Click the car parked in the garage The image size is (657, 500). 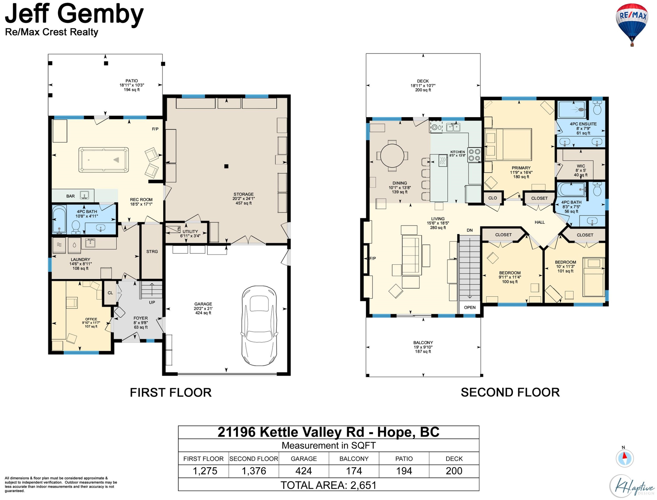pyautogui.click(x=259, y=326)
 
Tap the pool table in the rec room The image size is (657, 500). pyautogui.click(x=104, y=160)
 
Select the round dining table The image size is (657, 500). pyautogui.click(x=392, y=156)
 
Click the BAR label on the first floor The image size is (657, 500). pyautogui.click(x=71, y=196)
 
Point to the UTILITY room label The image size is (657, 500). pyautogui.click(x=190, y=232)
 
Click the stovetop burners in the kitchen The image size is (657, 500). pyautogui.click(x=474, y=155)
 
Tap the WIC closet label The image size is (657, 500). pyautogui.click(x=581, y=166)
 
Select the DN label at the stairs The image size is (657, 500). pyautogui.click(x=470, y=230)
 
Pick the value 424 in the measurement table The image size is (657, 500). pyautogui.click(x=304, y=471)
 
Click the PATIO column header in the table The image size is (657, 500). pyautogui.click(x=404, y=459)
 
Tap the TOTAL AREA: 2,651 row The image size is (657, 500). pyautogui.click(x=328, y=485)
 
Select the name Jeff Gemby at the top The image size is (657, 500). pyautogui.click(x=74, y=14)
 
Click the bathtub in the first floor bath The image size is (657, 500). pyautogui.click(x=59, y=219)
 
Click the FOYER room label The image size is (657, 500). pyautogui.click(x=140, y=318)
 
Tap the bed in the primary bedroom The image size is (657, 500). pyautogui.click(x=508, y=144)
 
